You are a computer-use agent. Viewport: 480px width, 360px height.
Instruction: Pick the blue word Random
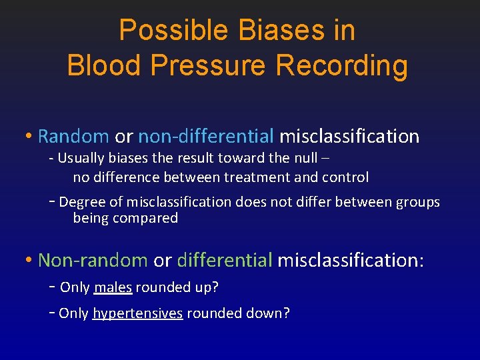(73, 137)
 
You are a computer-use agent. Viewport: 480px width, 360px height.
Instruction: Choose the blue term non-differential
(205, 137)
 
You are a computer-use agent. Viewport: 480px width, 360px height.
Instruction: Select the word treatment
(258, 177)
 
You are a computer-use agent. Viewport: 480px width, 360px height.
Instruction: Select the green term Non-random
(93, 260)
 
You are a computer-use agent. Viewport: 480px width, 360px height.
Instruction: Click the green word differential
(225, 260)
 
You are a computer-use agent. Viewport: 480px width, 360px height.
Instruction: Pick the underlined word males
(113, 287)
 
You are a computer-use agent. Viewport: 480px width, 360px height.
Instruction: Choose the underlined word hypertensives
(137, 313)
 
